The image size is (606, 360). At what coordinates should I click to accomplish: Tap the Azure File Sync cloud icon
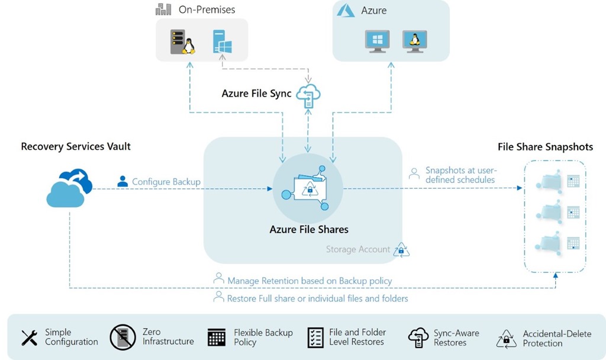308,95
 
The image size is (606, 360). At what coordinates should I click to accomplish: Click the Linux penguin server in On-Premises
182,42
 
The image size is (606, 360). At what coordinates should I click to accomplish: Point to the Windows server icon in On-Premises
222,42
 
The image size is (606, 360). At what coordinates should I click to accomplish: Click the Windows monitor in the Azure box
376,41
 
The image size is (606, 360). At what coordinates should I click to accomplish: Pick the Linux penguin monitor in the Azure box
414,41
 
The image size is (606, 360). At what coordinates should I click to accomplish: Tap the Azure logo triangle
346,10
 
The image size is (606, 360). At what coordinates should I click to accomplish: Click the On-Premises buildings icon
163,9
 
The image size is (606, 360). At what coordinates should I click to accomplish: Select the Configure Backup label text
166,182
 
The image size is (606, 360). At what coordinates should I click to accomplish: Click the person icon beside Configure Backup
123,181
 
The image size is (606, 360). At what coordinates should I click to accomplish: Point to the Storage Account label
358,249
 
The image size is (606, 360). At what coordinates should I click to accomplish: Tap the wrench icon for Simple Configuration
30,337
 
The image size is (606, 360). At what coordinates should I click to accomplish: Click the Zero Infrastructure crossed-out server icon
123,337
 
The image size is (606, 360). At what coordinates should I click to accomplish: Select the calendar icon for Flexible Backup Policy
217,337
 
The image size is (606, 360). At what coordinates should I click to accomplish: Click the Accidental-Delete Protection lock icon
506,338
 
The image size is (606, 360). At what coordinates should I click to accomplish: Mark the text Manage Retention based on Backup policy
310,281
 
